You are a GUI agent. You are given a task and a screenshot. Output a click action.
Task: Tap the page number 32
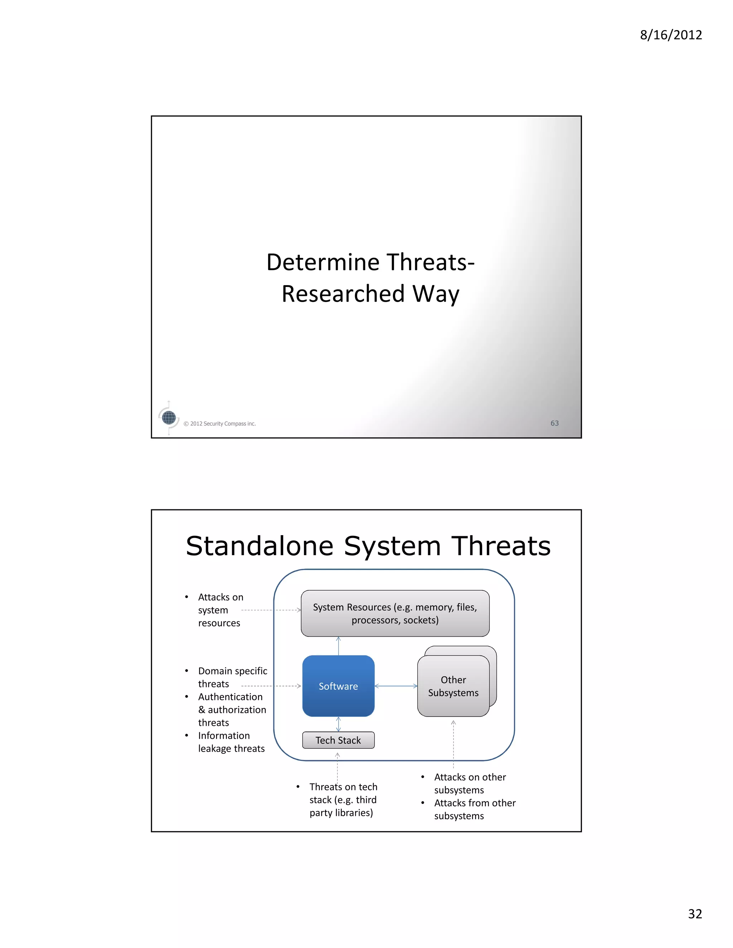coord(695,914)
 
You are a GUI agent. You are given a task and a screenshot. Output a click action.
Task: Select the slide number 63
coord(554,423)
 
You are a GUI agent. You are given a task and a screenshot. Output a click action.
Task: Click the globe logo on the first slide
coord(169,417)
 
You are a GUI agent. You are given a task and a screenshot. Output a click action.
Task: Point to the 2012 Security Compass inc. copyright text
coord(220,424)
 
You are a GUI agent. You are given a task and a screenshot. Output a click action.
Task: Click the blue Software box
coord(338,686)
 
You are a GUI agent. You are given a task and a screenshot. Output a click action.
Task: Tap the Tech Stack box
coord(338,740)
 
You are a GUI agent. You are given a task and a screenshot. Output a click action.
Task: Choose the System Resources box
coord(395,613)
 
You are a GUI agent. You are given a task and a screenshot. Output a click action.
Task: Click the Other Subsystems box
coord(453,686)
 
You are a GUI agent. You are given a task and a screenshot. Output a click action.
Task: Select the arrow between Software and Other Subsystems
coord(395,686)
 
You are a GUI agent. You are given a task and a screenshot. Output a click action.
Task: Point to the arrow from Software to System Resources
coord(338,646)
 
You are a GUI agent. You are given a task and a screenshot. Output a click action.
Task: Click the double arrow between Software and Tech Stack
coord(338,724)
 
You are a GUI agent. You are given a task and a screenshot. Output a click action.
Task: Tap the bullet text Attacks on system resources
coord(220,610)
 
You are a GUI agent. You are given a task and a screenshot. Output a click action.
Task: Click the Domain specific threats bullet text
coord(232,677)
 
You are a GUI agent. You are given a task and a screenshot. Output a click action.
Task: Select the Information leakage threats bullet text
coord(231,742)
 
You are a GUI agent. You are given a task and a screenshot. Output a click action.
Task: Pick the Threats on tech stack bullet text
coord(343,800)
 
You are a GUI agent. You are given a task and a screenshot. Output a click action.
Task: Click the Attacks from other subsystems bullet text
coord(475,809)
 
